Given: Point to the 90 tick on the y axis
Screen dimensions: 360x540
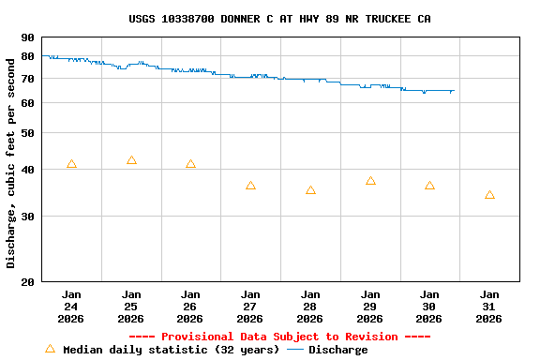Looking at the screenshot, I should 26,37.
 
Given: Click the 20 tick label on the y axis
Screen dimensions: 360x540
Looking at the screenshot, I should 26,281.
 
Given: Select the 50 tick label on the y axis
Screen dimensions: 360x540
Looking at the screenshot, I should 26,133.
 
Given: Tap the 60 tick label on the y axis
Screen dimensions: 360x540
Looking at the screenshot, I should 26,102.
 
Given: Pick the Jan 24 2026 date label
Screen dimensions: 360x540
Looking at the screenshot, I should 71,306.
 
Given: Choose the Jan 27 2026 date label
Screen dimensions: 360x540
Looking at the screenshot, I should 250,306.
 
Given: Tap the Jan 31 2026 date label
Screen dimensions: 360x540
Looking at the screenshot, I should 489,306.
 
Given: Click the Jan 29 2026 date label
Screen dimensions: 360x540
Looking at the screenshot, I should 370,306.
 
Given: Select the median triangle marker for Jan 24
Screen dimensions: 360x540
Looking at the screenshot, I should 71,164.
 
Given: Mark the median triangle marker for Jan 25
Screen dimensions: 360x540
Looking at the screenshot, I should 131,160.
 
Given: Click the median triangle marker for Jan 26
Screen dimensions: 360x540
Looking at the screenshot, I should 190,164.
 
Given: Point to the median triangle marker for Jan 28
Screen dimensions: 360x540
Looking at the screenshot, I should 310,190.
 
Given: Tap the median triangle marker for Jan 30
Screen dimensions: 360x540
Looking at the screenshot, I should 429,186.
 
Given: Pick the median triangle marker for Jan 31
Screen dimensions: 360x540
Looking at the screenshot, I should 489,195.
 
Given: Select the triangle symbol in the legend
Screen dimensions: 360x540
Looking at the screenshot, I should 51,349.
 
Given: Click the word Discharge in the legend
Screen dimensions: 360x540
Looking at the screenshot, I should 338,350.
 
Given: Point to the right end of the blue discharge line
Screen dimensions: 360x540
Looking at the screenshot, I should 455,91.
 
